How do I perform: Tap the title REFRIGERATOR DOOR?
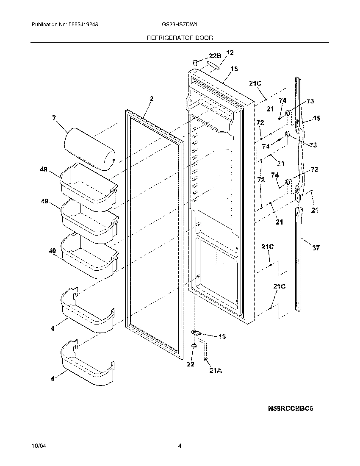coord(180,38)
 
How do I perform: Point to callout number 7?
coord(54,118)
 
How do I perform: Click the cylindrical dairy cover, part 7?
coord(90,149)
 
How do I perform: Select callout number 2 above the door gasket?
coord(151,99)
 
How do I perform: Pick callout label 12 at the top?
coord(230,53)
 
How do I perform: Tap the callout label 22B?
coord(215,56)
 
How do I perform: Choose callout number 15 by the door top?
coord(234,69)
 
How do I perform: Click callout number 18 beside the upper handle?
coord(316,119)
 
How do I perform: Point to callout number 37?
coord(316,248)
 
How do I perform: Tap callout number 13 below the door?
coord(222,337)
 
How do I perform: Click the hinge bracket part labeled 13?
coord(196,333)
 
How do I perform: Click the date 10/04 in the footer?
coord(38,446)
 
